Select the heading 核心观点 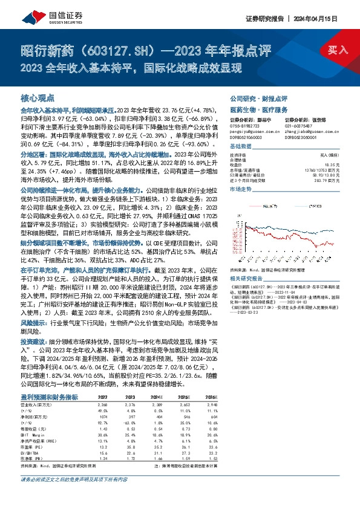pyautogui.click(x=38, y=97)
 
